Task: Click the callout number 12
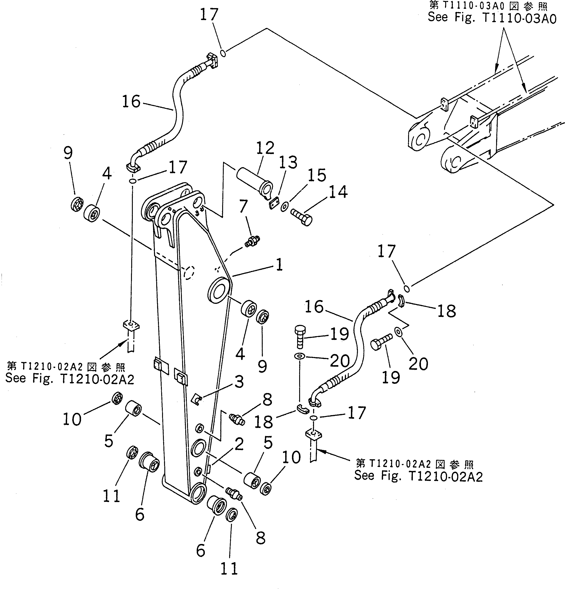click(x=265, y=148)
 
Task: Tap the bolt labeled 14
click(x=301, y=217)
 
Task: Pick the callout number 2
click(x=239, y=444)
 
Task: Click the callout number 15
click(x=317, y=175)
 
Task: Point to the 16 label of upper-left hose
click(x=131, y=102)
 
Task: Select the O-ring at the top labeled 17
click(x=223, y=53)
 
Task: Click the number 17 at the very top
click(x=209, y=14)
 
